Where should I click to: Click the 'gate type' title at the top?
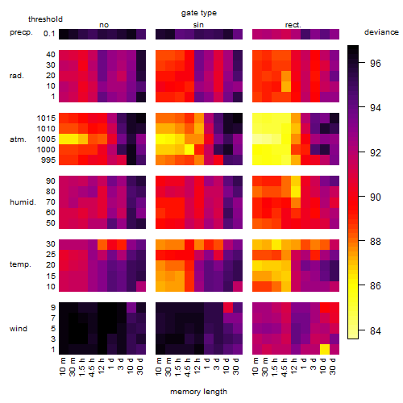coord(199,13)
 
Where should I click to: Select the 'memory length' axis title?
coord(198,392)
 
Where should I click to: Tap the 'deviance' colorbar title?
coord(381,32)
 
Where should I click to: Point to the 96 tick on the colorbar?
coord(362,63)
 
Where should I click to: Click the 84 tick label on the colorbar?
coord(376,330)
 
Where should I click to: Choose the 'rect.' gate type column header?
coord(293,25)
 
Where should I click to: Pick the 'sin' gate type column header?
coord(198,25)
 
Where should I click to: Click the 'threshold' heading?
coord(45,19)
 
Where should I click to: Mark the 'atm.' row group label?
coord(18,139)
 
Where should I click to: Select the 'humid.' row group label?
coord(23,202)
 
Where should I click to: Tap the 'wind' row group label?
coord(19,329)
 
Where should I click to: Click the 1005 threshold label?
coord(46,139)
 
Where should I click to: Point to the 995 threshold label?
coord(48,160)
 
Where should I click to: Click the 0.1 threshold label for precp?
coord(49,34)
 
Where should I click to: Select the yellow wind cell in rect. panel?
coord(325,349)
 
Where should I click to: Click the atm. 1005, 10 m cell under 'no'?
coord(64,139)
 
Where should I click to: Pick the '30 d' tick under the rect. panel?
coord(333,366)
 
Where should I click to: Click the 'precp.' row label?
coord(21,32)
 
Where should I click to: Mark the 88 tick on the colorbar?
coord(362,241)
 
